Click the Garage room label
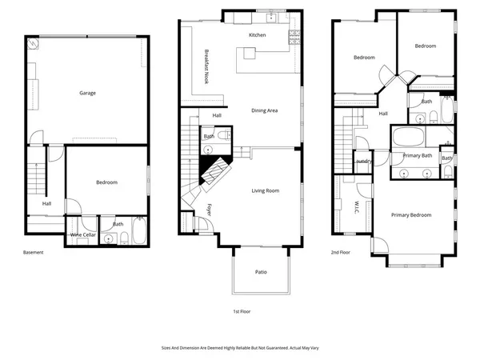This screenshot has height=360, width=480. point(87,93)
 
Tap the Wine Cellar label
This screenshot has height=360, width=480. point(83,234)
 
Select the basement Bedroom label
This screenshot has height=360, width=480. point(106,182)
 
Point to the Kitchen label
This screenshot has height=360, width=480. point(257,36)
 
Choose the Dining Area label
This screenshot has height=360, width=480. point(264,110)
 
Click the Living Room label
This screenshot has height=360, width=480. point(265,190)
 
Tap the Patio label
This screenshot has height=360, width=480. point(261,273)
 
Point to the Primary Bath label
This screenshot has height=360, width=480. point(417,155)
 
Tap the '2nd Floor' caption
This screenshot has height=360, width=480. point(342,252)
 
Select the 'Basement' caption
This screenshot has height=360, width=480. point(34,252)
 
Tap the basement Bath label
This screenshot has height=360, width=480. point(118,224)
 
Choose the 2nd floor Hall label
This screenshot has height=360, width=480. point(383,114)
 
